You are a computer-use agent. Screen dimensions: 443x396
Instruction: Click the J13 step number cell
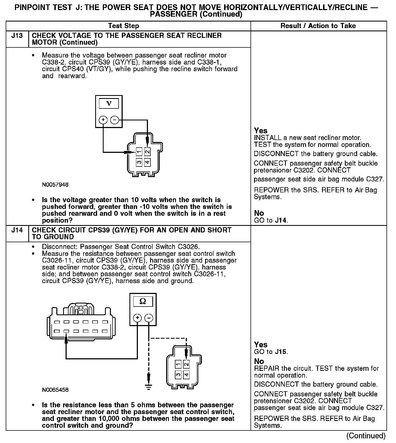(x=17, y=36)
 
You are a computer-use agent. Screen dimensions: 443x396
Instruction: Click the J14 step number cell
(x=17, y=230)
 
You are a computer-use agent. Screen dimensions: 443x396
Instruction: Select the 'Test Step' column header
(x=123, y=26)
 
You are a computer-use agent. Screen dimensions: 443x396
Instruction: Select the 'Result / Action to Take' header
(x=318, y=26)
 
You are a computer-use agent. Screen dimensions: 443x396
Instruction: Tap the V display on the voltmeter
(x=109, y=104)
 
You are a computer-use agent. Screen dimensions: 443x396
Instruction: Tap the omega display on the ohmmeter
(x=143, y=301)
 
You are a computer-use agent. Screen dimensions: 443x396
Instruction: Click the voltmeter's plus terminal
(x=103, y=120)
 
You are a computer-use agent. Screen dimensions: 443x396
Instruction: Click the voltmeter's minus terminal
(x=115, y=120)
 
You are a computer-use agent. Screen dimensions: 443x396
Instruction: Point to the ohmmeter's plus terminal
(x=137, y=318)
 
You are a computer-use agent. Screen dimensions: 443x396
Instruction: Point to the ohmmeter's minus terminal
(x=148, y=318)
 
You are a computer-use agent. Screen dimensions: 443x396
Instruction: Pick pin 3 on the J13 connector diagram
(x=139, y=163)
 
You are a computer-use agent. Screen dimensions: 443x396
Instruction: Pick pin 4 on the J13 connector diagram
(x=147, y=163)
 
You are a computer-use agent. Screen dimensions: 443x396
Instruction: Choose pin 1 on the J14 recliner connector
(x=178, y=364)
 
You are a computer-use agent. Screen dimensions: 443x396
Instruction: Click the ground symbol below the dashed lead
(x=148, y=386)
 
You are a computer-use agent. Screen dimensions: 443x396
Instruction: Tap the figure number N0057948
(x=55, y=185)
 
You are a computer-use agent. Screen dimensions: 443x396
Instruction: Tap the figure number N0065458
(x=55, y=390)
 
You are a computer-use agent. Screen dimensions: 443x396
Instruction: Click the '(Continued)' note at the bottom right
(x=366, y=436)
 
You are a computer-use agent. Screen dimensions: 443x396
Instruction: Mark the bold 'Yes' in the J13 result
(x=261, y=131)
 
